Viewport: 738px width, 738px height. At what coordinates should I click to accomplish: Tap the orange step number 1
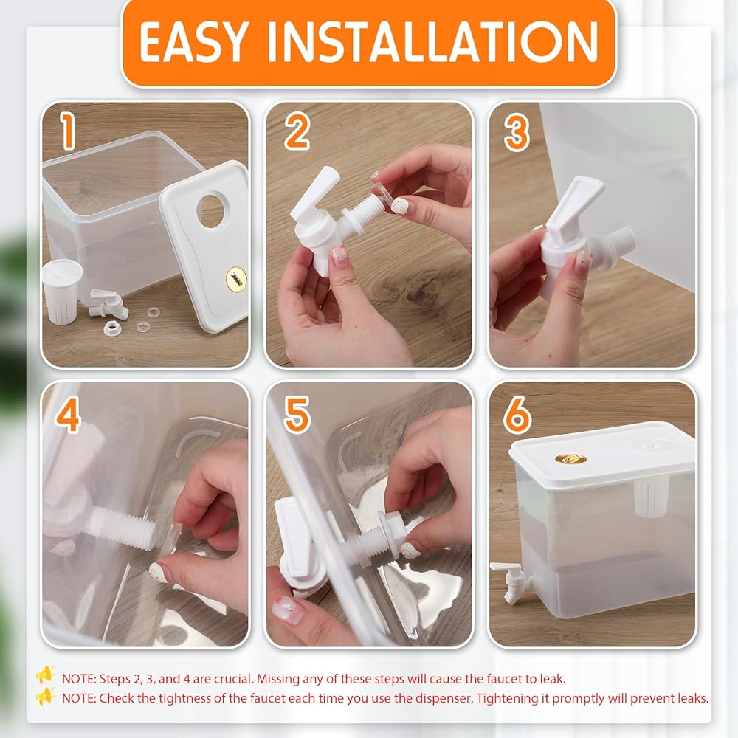pyautogui.click(x=69, y=131)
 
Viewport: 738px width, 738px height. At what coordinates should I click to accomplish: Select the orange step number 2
pyautogui.click(x=297, y=131)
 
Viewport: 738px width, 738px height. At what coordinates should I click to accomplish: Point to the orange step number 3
pyautogui.click(x=517, y=132)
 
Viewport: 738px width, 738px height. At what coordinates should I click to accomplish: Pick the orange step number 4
pyautogui.click(x=68, y=415)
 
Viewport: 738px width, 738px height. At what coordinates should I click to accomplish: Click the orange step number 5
pyautogui.click(x=297, y=414)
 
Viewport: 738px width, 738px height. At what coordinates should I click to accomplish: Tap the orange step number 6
pyautogui.click(x=517, y=414)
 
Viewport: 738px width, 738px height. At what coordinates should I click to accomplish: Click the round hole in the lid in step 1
pyautogui.click(x=210, y=210)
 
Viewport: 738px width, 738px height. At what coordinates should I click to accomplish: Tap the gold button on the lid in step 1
pyautogui.click(x=236, y=279)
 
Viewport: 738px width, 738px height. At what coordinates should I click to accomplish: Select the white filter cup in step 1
pyautogui.click(x=62, y=292)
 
